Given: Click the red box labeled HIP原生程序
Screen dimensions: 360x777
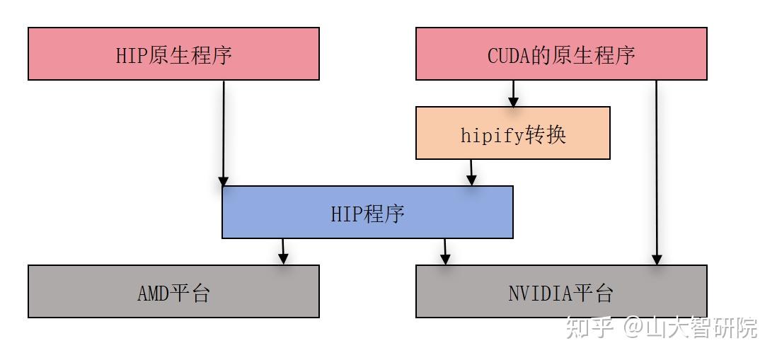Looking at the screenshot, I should (173, 54).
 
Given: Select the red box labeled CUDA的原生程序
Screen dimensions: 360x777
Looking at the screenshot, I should (560, 54).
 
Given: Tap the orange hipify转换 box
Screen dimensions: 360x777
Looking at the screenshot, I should (512, 133).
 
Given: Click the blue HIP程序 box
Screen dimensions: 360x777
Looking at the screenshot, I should (367, 212).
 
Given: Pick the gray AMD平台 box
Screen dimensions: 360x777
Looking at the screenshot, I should (173, 291).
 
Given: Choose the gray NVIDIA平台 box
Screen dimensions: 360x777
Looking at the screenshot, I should (560, 291).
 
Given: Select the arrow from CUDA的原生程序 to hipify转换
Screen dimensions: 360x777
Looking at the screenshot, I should (513, 93).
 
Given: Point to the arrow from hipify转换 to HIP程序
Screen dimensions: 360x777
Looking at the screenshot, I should (471, 173).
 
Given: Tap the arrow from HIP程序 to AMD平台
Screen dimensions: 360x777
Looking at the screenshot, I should (283, 252).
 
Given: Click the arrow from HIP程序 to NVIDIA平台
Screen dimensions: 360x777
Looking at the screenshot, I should (444, 252).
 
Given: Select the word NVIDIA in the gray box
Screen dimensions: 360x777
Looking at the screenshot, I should (541, 292).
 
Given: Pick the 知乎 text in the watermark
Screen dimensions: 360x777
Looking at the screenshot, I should (589, 327).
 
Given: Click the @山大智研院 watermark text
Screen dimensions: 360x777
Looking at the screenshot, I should (691, 327).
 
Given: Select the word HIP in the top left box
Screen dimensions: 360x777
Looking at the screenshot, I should (132, 55).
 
